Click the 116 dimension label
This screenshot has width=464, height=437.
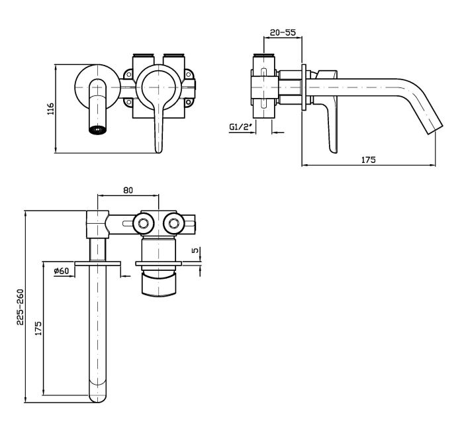coord(50,109)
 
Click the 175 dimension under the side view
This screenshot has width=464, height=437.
coord(369,160)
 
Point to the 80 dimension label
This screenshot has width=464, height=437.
coord(128,190)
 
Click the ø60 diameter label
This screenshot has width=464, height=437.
coord(62,271)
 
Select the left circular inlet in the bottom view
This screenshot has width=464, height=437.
coord(142,222)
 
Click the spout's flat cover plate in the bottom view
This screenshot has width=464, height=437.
coord(97,264)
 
